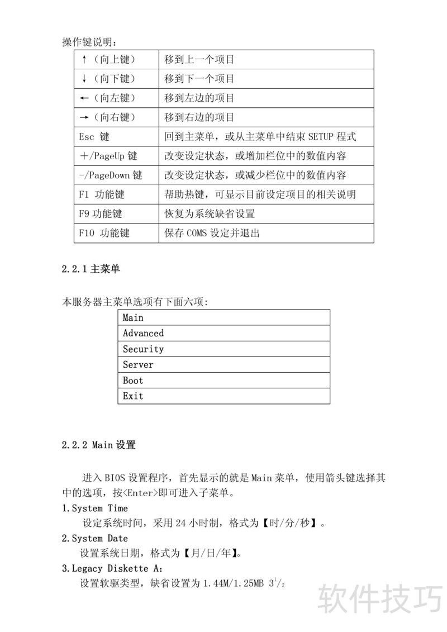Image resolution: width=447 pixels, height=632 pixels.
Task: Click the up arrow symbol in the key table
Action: click(x=83, y=59)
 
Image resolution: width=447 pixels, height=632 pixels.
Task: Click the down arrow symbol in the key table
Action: click(x=83, y=79)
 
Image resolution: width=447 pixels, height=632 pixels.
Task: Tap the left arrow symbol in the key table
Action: click(x=84, y=98)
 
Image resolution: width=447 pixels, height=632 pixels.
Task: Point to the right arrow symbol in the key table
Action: click(x=84, y=118)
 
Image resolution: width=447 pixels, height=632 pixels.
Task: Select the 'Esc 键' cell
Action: click(x=94, y=137)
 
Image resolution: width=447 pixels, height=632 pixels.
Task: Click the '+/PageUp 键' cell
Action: click(x=108, y=156)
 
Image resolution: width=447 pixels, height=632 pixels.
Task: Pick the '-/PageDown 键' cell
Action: click(x=111, y=175)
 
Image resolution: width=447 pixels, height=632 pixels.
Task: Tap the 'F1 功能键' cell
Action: click(x=102, y=194)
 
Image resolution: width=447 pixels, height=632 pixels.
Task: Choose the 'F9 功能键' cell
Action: click(x=101, y=213)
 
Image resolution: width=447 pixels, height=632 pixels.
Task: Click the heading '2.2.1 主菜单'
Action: click(x=91, y=269)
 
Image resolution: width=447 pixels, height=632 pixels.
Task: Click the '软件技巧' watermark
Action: click(x=380, y=600)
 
